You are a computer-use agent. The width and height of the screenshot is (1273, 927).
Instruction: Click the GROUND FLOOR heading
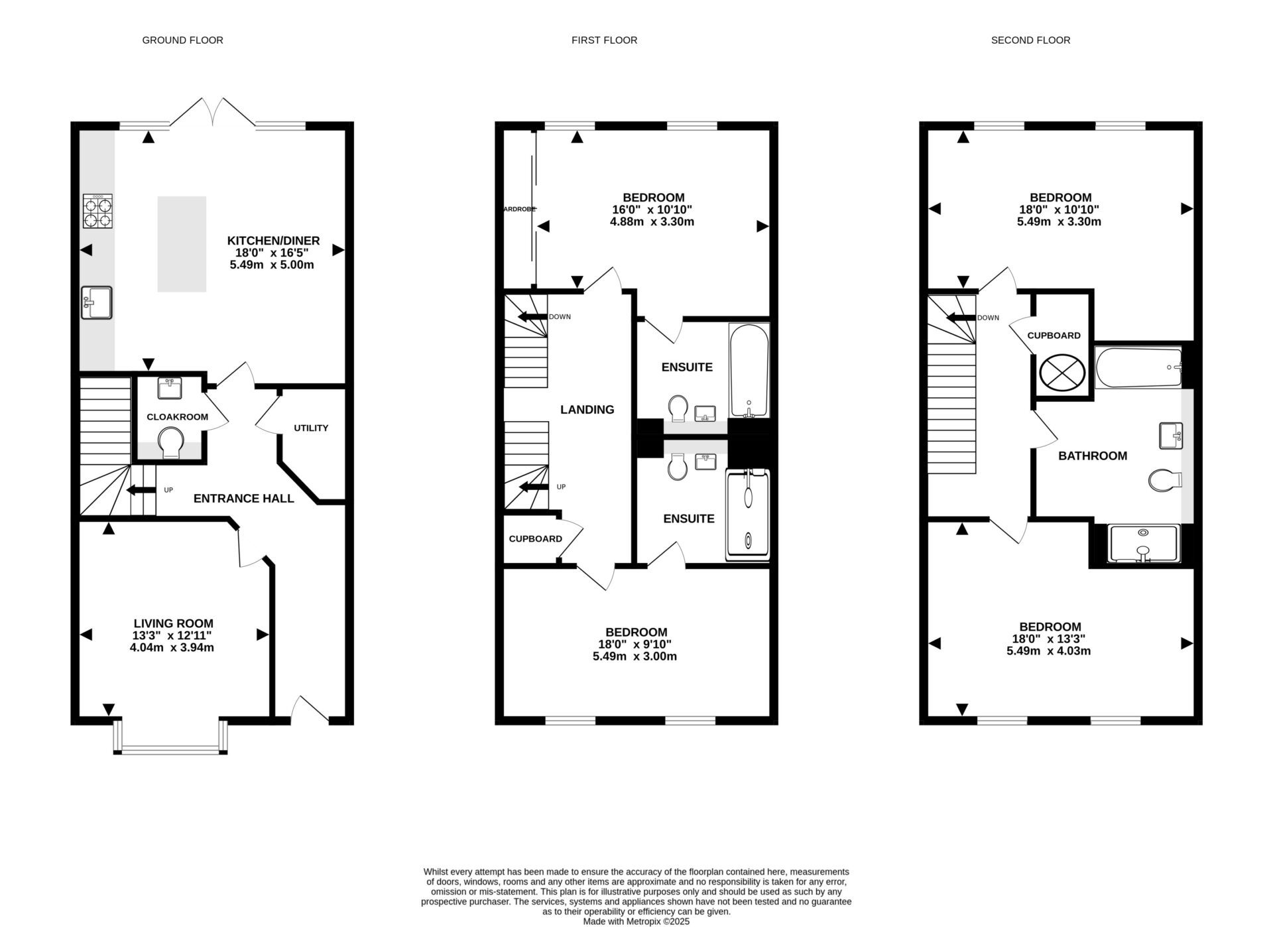pos(182,40)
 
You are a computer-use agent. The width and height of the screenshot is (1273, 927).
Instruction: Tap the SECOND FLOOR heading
pos(1030,40)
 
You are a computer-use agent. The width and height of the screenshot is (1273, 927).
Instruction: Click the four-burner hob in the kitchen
pos(97,212)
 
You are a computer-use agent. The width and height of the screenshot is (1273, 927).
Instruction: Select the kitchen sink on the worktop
pos(97,302)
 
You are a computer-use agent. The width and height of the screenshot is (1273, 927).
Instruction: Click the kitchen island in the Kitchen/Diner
pos(182,244)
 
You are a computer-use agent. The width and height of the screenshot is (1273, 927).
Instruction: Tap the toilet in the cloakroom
pos(171,443)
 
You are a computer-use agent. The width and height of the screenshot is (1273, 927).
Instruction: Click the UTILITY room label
pos(311,428)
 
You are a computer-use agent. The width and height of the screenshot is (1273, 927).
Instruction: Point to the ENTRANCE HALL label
pos(243,499)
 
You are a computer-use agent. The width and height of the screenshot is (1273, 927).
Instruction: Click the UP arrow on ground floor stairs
pos(140,490)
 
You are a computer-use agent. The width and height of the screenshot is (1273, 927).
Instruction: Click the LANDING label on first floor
pos(587,410)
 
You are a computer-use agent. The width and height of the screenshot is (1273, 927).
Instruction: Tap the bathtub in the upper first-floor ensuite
pos(749,370)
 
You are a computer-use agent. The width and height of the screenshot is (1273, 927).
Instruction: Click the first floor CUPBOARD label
pos(535,539)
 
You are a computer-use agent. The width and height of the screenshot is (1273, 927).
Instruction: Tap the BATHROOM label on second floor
pos(1092,456)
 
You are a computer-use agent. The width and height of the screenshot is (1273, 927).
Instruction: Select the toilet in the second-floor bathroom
pos(1164,480)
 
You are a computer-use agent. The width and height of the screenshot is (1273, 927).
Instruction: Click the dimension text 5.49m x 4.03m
pos(1048,651)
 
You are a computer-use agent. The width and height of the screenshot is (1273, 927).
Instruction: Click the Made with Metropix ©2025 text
pos(636,921)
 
